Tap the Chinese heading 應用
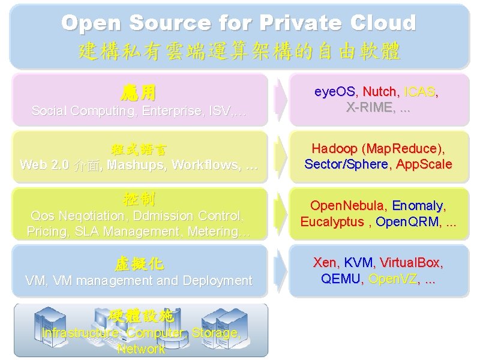pos(139,92)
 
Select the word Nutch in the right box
pos(380,92)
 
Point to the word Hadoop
pos(334,148)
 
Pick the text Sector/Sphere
pos(346,164)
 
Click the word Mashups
pos(135,164)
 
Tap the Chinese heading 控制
pos(139,199)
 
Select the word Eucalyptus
pos(332,221)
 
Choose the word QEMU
pos(341,278)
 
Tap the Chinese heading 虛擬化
pos(139,263)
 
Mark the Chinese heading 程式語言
pos(139,148)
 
